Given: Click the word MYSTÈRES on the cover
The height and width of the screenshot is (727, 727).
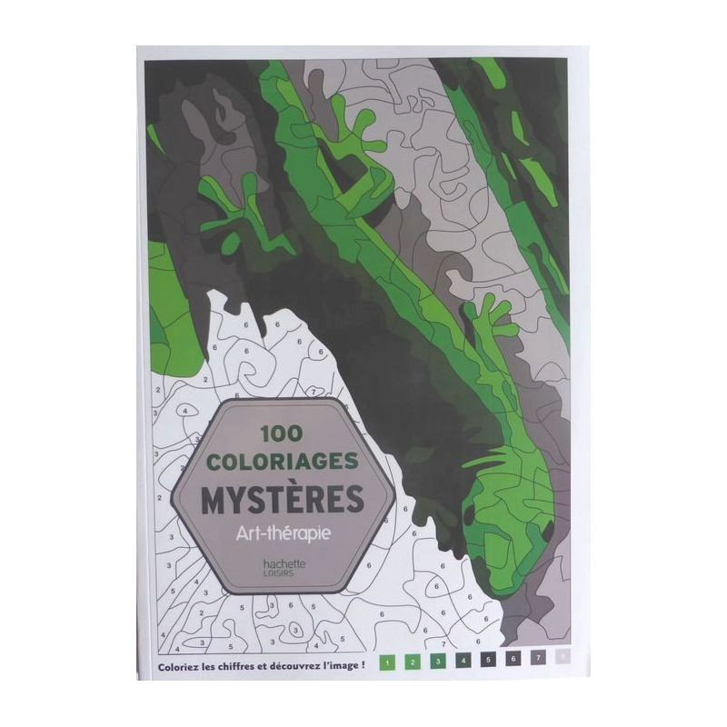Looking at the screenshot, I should pyautogui.click(x=284, y=498).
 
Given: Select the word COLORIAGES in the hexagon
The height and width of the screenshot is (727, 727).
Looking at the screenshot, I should pyautogui.click(x=284, y=463).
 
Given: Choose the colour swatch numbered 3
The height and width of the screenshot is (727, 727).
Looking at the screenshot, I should pyautogui.click(x=437, y=662).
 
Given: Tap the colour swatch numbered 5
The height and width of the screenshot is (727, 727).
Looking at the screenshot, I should pyautogui.click(x=488, y=662).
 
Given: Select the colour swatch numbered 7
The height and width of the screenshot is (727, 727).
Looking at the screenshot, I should pyautogui.click(x=539, y=662).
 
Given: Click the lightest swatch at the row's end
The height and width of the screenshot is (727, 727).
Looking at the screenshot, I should pyautogui.click(x=564, y=662).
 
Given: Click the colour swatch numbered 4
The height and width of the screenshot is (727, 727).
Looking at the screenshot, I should pyautogui.click(x=463, y=662).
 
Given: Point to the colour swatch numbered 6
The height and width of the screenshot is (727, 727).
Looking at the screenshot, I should pyautogui.click(x=513, y=662).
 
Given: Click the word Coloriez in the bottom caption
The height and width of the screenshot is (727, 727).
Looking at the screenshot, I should pyautogui.click(x=178, y=662).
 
